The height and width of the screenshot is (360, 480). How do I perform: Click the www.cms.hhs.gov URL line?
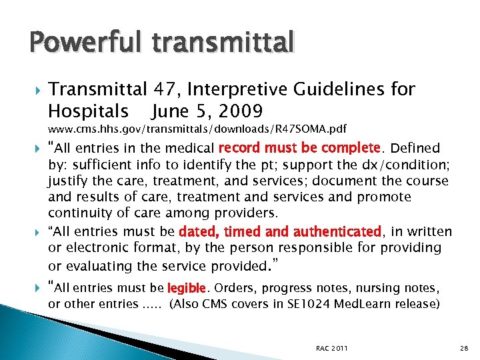tap(197, 128)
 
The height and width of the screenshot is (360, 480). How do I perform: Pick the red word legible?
tap(187, 288)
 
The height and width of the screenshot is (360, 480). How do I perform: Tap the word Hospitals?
tap(89, 109)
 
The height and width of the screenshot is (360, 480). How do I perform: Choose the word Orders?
tap(234, 288)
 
